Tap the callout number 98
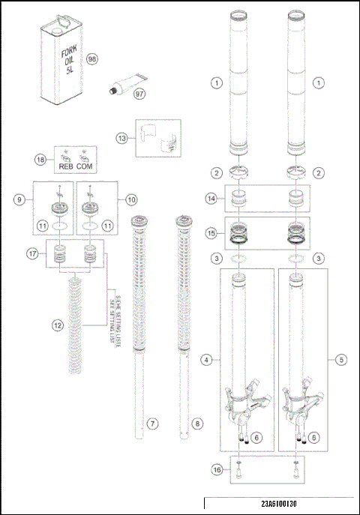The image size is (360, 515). click(x=92, y=59)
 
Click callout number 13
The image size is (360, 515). click(x=122, y=137)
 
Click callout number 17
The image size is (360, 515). click(x=31, y=253)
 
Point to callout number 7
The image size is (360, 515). click(x=151, y=424)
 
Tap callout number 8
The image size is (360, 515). click(x=196, y=424)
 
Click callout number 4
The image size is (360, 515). click(x=205, y=360)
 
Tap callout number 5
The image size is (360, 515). click(x=342, y=360)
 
